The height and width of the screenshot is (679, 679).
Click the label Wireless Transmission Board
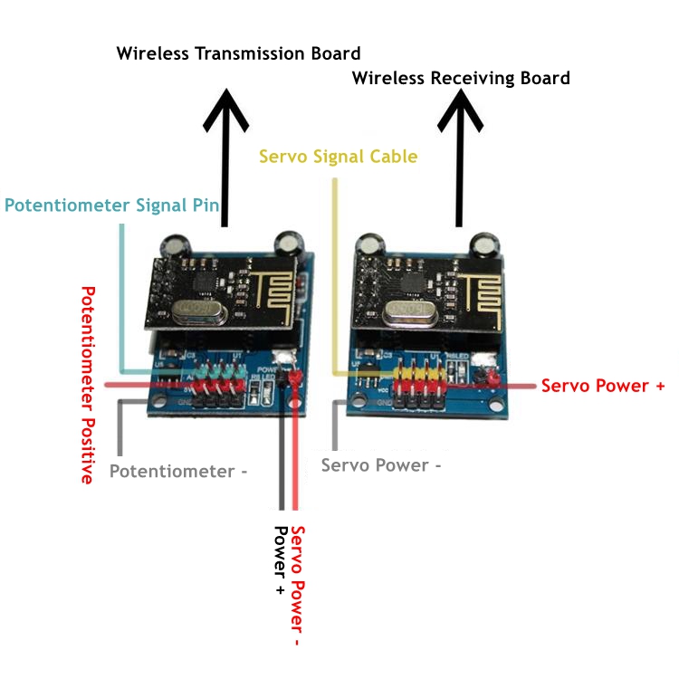click(x=238, y=53)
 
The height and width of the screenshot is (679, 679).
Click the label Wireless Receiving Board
click(x=461, y=78)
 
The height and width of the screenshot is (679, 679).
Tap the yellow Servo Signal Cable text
click(x=338, y=157)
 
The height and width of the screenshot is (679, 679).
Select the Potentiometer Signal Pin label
click(x=112, y=206)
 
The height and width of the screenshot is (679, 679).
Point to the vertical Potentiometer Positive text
click(x=88, y=385)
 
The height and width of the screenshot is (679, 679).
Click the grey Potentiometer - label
click(x=178, y=472)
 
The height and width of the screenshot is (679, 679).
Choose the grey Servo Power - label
click(x=381, y=465)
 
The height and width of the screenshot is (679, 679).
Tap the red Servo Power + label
click(x=602, y=386)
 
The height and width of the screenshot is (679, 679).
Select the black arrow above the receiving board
click(x=461, y=163)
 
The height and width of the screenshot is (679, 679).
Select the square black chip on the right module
click(x=416, y=282)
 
